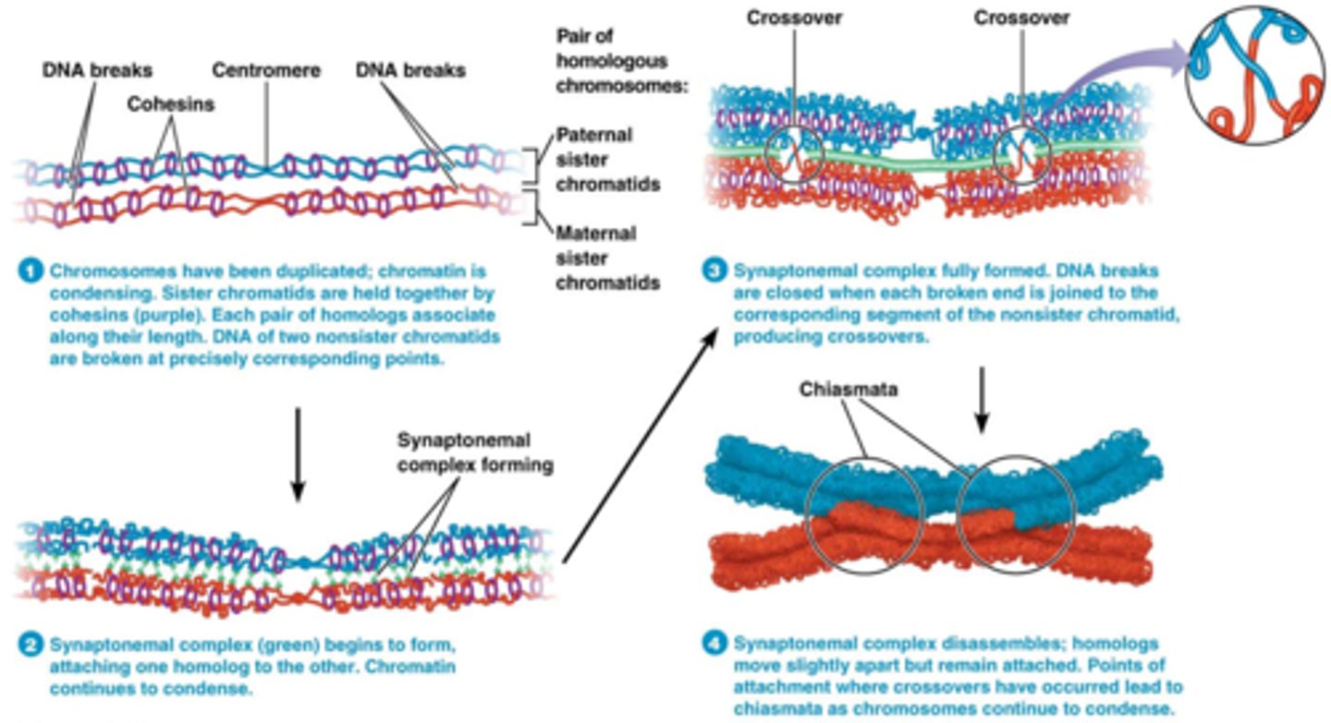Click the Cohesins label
pos(171,104)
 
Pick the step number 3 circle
pos(714,271)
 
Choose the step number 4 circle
pos(714,643)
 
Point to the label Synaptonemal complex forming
pos(475,452)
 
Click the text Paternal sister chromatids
pos(607,159)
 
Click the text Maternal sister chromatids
pos(607,258)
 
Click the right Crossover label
pos(1021,18)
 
